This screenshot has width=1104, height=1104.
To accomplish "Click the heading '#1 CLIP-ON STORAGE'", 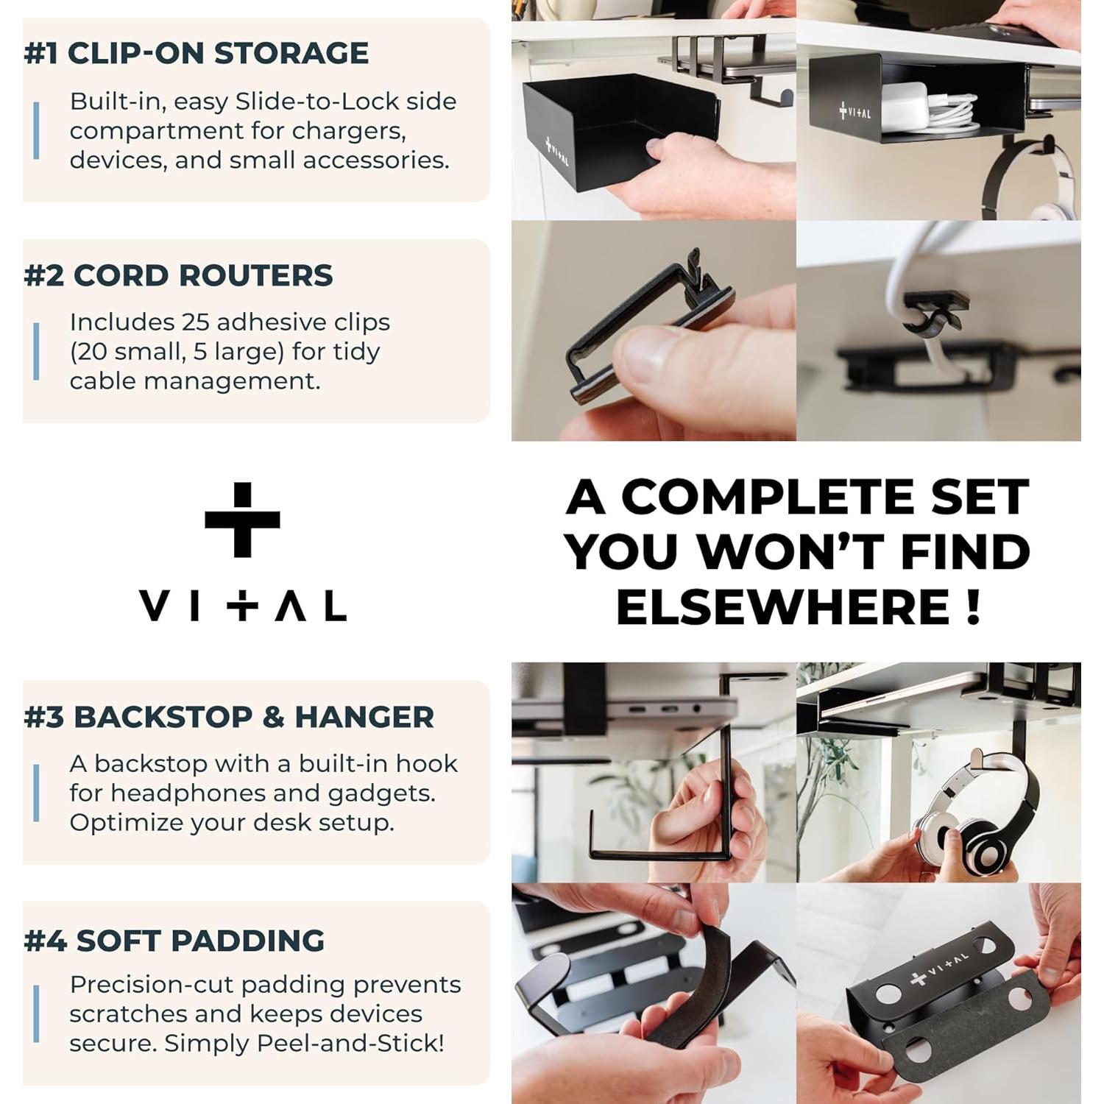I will (196, 54).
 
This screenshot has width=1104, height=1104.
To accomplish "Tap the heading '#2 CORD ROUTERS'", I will (178, 276).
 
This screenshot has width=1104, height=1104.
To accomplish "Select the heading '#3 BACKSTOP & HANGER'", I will (229, 718).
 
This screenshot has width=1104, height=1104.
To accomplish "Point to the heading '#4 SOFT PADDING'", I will (174, 941).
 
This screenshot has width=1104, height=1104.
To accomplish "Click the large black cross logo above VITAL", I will (242, 520).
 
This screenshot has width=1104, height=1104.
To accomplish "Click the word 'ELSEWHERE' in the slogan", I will (782, 607).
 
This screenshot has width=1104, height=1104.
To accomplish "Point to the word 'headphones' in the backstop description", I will (205, 793).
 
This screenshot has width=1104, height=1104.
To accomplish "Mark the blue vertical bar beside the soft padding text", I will (36, 1014).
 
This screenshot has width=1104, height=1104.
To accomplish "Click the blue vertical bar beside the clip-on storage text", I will (36, 131).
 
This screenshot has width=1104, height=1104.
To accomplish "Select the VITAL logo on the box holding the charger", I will (854, 113).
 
